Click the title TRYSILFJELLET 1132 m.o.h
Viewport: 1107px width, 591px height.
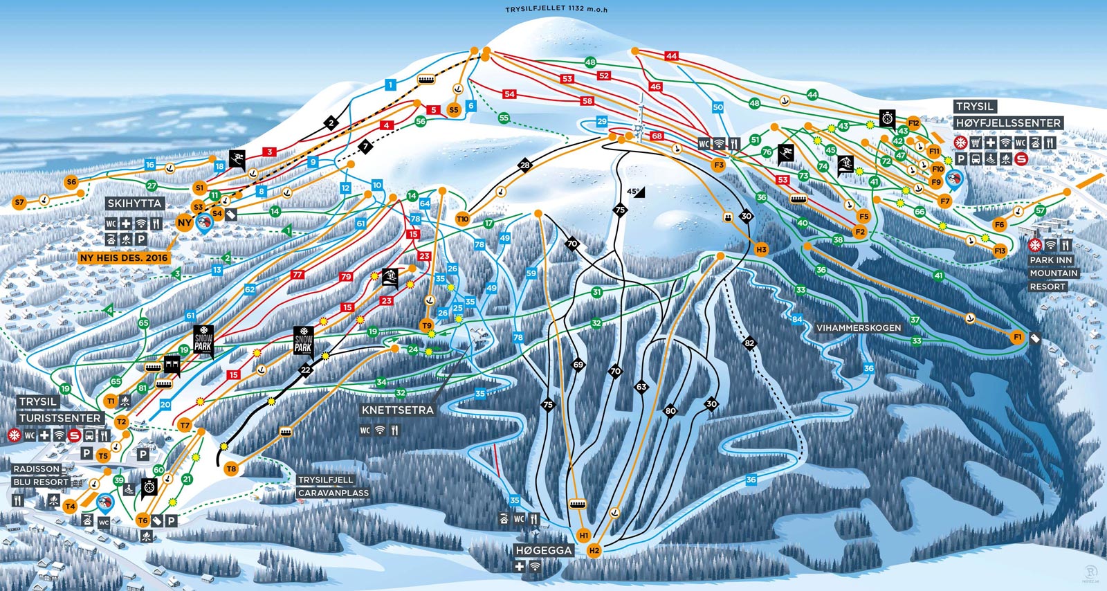(x=556, y=9)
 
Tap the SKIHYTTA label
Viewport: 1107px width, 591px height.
(x=135, y=203)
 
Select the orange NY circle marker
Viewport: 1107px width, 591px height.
(x=184, y=223)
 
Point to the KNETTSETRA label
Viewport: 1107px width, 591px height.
(x=397, y=410)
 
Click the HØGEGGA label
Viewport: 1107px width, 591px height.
(x=544, y=551)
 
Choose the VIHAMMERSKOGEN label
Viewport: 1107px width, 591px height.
(x=859, y=327)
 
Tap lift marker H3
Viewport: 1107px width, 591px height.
(x=761, y=249)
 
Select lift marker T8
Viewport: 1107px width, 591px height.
(x=231, y=469)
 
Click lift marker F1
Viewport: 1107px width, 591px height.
(x=1017, y=337)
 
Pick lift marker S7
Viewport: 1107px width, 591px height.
(x=19, y=203)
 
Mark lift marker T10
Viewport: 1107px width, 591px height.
(x=462, y=219)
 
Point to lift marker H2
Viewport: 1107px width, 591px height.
(x=594, y=551)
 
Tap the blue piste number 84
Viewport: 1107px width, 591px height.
(x=797, y=319)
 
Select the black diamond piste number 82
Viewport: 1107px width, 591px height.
(x=749, y=343)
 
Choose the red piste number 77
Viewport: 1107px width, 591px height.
(x=298, y=275)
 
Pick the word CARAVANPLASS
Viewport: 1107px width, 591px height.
(x=333, y=493)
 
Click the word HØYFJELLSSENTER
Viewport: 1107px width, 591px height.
(x=1008, y=123)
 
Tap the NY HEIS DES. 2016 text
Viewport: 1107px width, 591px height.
(x=124, y=257)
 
